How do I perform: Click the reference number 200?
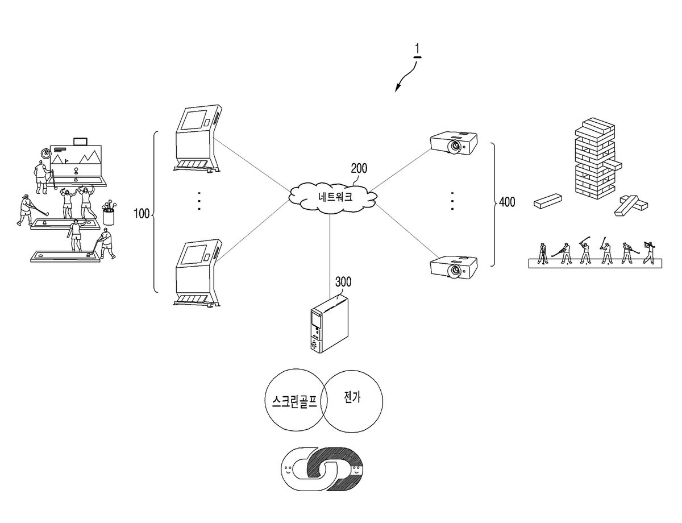[359, 169]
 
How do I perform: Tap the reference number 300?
[343, 282]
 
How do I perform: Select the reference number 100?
[142, 214]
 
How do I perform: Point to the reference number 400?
[507, 202]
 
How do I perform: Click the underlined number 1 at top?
[417, 49]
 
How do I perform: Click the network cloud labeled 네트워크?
[332, 197]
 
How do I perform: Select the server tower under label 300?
[329, 323]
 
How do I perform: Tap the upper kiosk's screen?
[194, 119]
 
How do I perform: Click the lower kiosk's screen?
[194, 256]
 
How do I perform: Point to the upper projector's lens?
[455, 146]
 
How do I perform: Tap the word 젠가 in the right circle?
[352, 397]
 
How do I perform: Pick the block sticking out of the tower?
[613, 166]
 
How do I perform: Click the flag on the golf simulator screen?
[66, 161]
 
